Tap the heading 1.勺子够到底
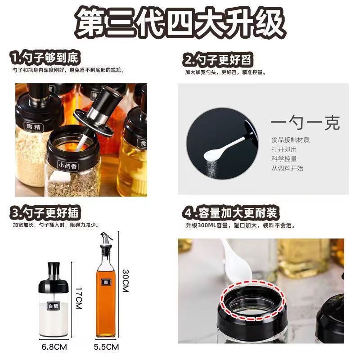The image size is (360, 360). tap(45, 58)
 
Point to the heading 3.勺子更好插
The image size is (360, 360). tap(46, 212)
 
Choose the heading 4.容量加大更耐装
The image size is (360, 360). tap(229, 212)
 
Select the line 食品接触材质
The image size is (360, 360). tap(290, 140)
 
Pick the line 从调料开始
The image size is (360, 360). tap(287, 168)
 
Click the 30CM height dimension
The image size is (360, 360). tap(125, 281)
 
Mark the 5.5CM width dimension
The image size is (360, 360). tap(107, 347)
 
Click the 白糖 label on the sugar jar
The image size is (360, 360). tap(53, 306)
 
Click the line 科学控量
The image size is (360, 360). tap(284, 159)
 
